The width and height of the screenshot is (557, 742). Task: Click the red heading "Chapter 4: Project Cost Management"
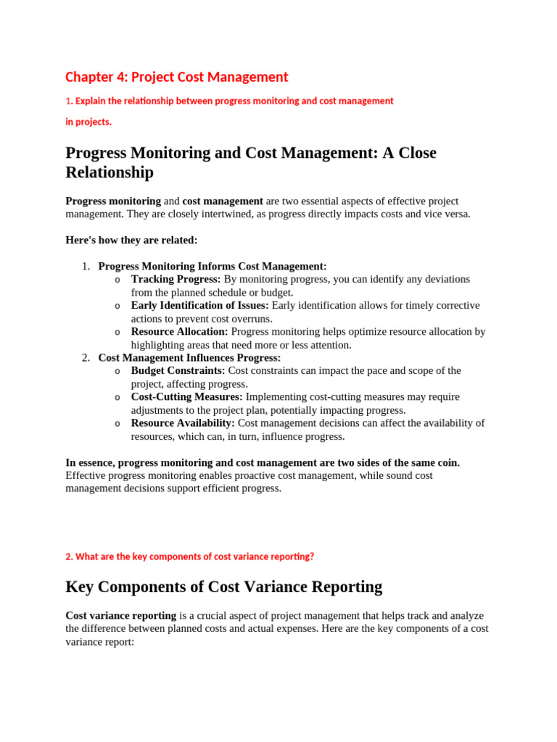click(x=176, y=77)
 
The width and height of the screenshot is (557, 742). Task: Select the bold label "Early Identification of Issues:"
click(x=199, y=305)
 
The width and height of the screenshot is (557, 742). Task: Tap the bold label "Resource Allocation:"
click(x=179, y=331)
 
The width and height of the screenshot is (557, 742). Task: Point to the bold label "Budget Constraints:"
click(x=178, y=370)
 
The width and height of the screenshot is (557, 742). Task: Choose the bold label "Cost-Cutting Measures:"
click(x=186, y=396)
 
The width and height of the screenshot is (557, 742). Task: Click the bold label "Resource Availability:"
click(x=183, y=422)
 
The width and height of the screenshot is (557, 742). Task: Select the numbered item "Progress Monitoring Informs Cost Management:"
click(x=213, y=266)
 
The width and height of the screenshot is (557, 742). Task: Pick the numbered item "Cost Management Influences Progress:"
click(x=189, y=357)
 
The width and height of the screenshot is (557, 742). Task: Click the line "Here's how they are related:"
click(x=131, y=240)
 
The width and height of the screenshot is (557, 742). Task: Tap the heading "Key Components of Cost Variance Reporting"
click(x=223, y=586)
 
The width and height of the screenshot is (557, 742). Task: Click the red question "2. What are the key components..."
click(x=190, y=556)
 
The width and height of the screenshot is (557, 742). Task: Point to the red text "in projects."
click(x=88, y=122)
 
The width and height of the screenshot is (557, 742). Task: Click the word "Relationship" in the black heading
click(x=110, y=172)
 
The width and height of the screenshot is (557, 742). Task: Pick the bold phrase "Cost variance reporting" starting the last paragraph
click(x=120, y=615)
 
